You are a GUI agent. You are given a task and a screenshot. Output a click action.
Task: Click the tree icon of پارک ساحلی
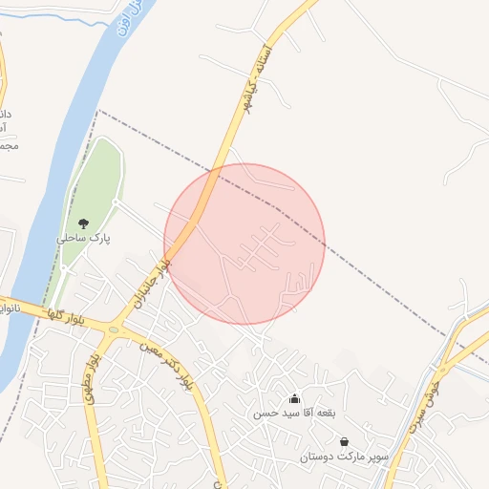(84, 223)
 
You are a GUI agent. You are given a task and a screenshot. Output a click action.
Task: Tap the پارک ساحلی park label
(84, 239)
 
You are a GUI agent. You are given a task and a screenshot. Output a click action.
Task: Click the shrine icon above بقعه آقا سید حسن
(294, 398)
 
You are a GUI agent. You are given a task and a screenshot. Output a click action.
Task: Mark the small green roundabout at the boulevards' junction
(114, 330)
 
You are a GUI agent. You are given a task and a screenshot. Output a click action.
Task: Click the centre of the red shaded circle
(244, 244)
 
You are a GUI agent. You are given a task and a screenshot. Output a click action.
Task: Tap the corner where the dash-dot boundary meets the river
(98, 111)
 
